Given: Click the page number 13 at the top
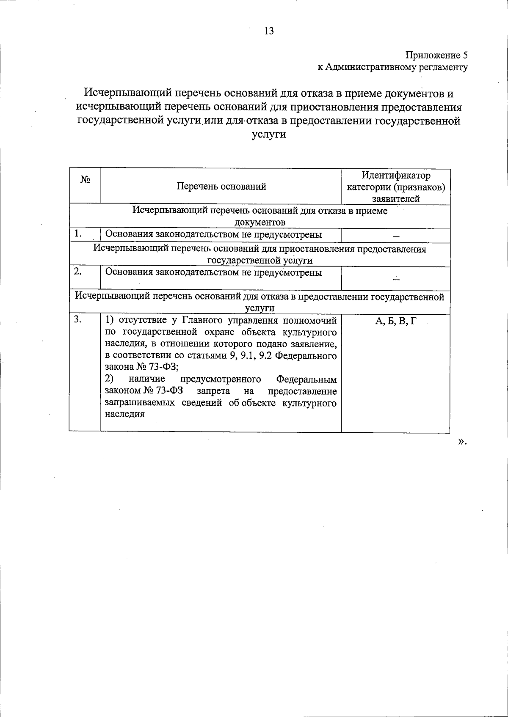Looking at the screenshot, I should (x=269, y=31).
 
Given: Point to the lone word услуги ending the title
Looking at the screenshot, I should (x=269, y=135).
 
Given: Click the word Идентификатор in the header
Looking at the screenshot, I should (x=396, y=175).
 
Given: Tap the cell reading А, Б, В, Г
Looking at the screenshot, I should (x=396, y=321).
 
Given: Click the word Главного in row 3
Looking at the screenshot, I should (x=202, y=320).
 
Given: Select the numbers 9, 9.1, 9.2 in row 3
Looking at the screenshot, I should (x=251, y=356).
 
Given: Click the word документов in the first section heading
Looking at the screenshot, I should (x=260, y=223).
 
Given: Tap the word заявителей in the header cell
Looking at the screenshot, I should (x=396, y=199).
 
